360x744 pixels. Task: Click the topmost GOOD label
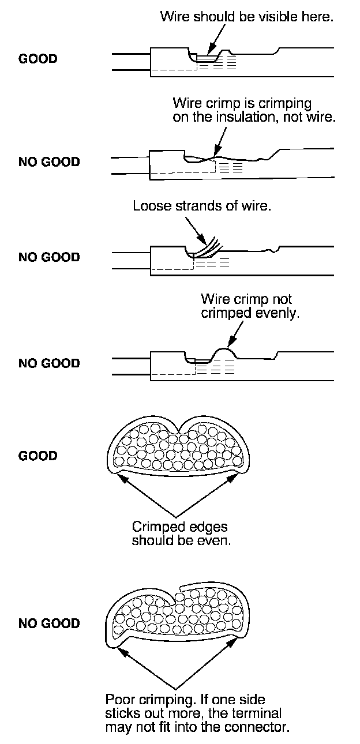38,59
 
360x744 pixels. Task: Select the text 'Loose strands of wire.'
201,206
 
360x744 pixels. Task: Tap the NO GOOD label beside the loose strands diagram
49,257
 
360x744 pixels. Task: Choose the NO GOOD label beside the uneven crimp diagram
49,363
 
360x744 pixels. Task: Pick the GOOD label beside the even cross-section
38,456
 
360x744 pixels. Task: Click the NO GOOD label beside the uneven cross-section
49,623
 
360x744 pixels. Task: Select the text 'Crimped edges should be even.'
179,533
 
